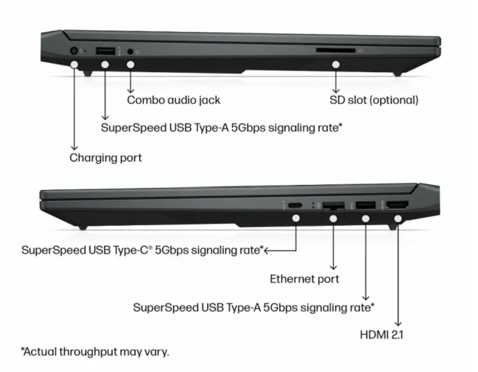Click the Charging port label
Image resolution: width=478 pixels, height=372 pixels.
[106, 158]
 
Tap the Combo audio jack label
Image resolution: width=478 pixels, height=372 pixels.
[174, 100]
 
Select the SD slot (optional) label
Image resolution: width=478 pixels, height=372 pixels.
[374, 100]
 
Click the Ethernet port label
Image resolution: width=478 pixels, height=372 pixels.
[304, 279]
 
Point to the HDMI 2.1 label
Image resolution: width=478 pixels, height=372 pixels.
[381, 334]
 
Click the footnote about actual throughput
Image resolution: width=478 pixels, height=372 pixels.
[95, 352]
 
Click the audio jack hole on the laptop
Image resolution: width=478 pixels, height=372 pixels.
[130, 52]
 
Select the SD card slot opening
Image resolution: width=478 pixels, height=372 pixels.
[336, 50]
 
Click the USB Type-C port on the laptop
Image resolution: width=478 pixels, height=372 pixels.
[295, 205]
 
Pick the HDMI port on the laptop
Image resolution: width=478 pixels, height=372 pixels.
[397, 205]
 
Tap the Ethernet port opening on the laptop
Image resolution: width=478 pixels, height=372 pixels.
[333, 206]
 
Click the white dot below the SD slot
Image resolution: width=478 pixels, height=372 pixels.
[336, 65]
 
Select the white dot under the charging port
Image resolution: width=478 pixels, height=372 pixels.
[74, 65]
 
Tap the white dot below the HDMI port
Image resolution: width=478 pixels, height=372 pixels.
[398, 219]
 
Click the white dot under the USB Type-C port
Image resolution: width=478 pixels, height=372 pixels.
[296, 219]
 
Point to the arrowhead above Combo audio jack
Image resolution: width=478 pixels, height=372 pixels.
[131, 90]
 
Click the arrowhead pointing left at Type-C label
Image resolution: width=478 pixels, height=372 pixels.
[266, 251]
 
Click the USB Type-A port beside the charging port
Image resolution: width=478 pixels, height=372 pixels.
[106, 51]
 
